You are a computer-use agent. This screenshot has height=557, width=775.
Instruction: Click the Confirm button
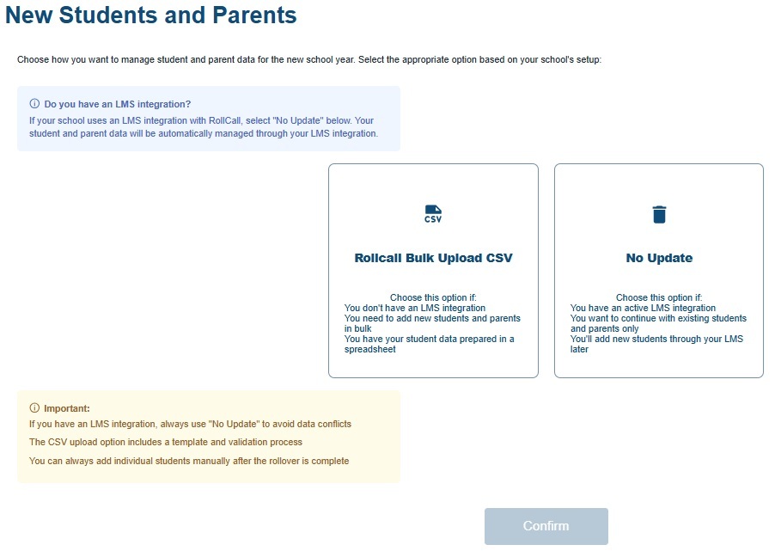coord(546,526)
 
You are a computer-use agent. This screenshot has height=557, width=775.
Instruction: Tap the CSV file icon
coord(433,214)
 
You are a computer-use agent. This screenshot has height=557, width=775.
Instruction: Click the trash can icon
coord(659,214)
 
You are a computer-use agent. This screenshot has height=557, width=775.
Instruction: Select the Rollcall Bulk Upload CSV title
coord(433,258)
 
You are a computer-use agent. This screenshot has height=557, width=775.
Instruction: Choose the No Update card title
coord(659,258)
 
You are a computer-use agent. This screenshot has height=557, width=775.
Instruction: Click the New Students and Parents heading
coord(151,15)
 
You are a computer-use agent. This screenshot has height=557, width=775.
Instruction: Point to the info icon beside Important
coord(34,408)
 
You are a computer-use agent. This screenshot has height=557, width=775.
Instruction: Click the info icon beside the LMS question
coord(34,104)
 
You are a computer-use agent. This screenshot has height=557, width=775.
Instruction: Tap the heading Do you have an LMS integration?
coord(118,104)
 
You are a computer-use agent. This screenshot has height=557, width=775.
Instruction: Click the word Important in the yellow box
coord(67,408)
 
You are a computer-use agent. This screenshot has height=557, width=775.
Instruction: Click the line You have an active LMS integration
coord(643,308)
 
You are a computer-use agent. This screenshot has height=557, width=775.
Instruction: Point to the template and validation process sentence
coord(165,442)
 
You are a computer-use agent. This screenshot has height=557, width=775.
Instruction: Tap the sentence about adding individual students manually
coord(188,461)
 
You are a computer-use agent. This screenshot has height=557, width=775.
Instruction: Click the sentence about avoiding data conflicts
coord(190,424)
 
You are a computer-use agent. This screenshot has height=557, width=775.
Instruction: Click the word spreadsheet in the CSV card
coord(370,350)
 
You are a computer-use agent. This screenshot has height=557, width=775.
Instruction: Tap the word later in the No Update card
coord(579,350)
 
